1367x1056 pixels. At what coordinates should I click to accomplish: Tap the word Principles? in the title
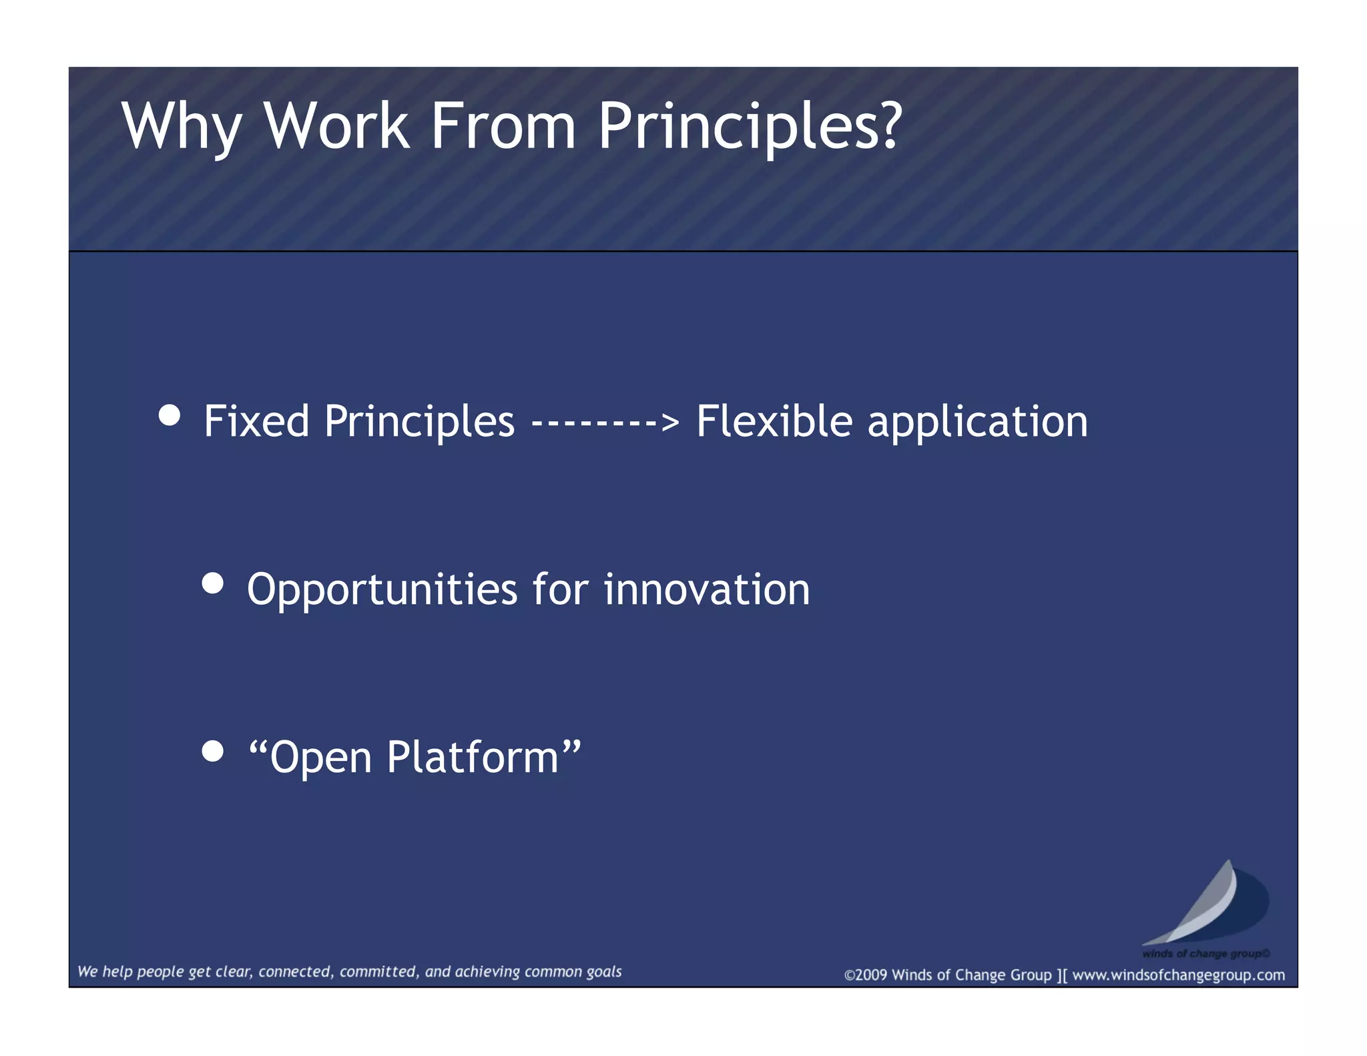click(x=749, y=127)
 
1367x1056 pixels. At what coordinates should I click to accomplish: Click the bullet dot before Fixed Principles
click(x=170, y=415)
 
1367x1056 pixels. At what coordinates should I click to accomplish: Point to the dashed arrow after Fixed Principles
click(x=605, y=422)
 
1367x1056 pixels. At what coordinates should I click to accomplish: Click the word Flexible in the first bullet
click(x=774, y=421)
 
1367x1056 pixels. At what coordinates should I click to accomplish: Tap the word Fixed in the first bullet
click(x=256, y=421)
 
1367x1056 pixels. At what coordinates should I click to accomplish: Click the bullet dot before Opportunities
click(x=212, y=583)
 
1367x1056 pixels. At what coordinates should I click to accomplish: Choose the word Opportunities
click(x=382, y=591)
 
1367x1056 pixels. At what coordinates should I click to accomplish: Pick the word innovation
click(x=706, y=589)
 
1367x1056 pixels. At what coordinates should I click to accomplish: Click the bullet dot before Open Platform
click(x=212, y=752)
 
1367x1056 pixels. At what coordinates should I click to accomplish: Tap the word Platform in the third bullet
click(x=473, y=757)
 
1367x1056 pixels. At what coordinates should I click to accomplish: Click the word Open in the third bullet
click(x=320, y=758)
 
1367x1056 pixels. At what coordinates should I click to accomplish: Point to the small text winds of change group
click(x=1205, y=953)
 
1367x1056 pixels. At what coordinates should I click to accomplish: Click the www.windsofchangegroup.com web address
click(x=1178, y=975)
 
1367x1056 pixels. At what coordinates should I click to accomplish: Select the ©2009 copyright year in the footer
click(x=866, y=975)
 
